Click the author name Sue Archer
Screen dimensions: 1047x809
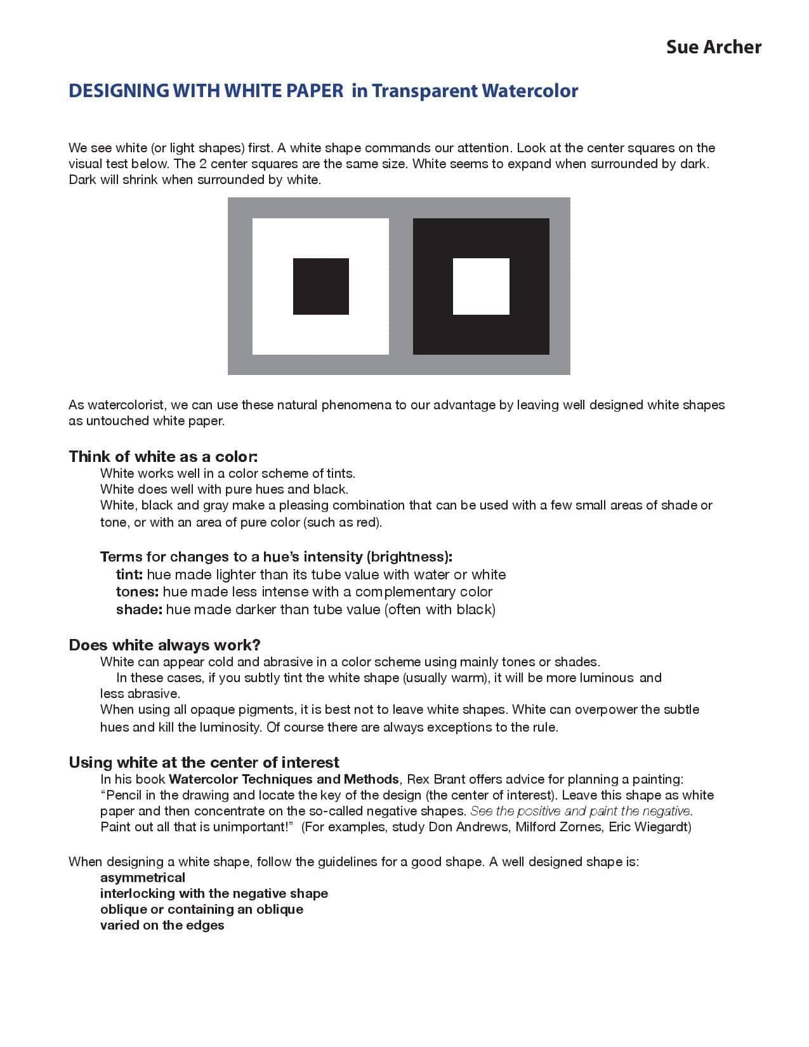tap(713, 47)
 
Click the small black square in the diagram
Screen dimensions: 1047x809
tap(320, 286)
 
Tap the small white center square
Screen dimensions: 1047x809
tap(481, 286)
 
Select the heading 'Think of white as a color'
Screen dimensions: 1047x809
tap(163, 457)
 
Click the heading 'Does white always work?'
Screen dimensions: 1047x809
tap(164, 645)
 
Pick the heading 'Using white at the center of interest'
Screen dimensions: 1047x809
tap(204, 762)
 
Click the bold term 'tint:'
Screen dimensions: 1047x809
tap(129, 575)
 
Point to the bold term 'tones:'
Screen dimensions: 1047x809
tap(137, 592)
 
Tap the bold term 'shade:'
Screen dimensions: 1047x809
tap(139, 610)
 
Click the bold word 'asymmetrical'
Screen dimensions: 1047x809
tap(143, 878)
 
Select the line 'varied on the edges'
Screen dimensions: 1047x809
tap(162, 925)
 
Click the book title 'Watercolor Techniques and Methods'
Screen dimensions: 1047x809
tap(284, 779)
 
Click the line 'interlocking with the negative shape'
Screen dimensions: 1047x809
tap(214, 893)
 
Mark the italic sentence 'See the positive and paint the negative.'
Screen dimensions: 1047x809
tap(581, 811)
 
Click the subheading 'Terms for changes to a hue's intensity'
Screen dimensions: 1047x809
tap(276, 557)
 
